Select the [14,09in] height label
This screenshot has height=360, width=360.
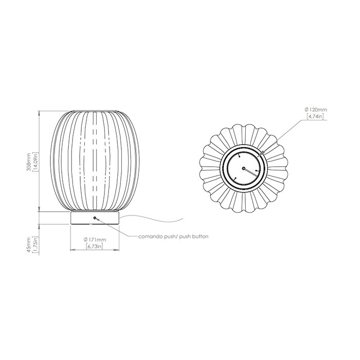click(36, 161)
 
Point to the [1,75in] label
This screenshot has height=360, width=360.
click(36, 245)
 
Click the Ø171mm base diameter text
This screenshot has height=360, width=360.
click(95, 240)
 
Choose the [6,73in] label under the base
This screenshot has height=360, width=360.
click(95, 246)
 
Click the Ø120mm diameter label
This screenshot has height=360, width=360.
click(315, 110)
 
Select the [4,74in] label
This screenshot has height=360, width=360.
click(315, 116)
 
